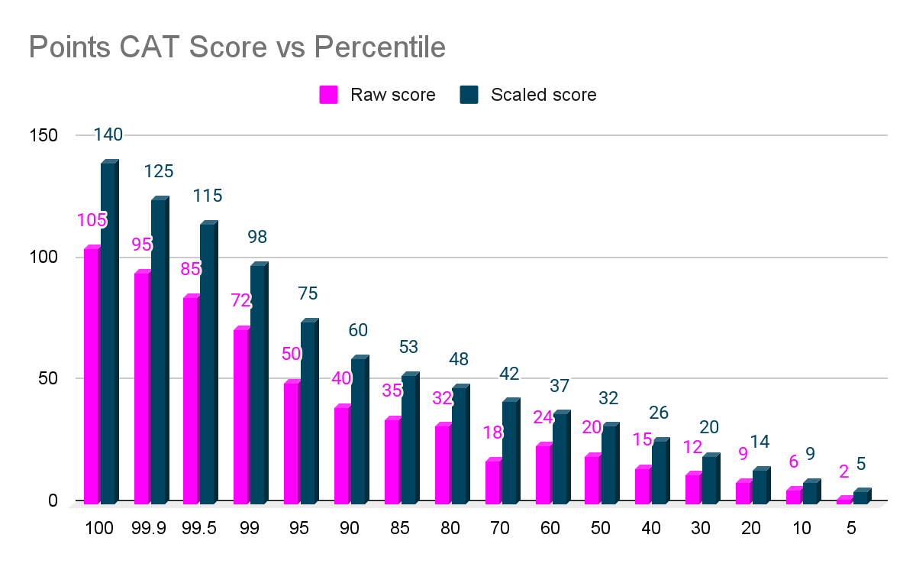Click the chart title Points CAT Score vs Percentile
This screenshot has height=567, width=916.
click(x=237, y=47)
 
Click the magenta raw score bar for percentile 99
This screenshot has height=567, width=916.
click(x=241, y=416)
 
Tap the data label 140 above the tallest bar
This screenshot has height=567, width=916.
click(x=108, y=135)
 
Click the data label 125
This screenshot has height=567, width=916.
click(x=159, y=171)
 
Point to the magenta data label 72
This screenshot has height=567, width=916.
click(x=241, y=300)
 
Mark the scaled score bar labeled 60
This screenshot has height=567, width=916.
click(x=358, y=429)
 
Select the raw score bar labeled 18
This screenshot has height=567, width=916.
click(x=493, y=481)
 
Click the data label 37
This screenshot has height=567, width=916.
click(x=559, y=387)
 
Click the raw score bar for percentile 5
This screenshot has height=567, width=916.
click(x=843, y=500)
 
